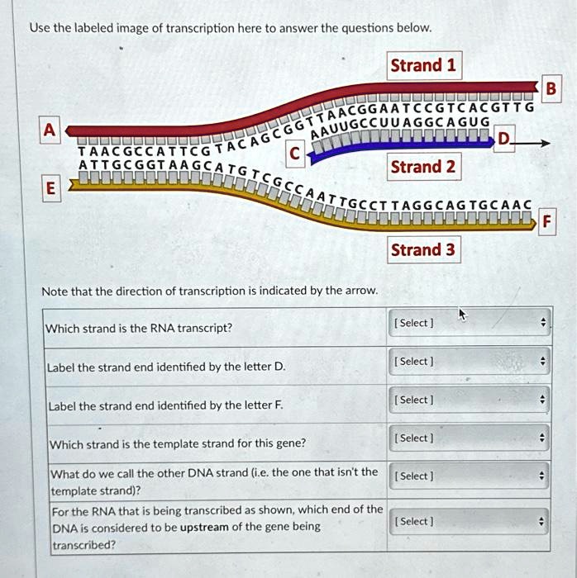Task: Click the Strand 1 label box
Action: point(422,66)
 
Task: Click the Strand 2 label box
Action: point(422,167)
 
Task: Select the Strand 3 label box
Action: point(422,249)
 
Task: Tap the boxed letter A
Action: point(50,129)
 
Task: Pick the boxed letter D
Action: point(504,141)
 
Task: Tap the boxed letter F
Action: point(546,220)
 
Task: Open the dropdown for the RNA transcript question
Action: point(469,323)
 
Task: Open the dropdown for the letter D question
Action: point(469,361)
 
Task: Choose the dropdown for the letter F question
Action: point(469,400)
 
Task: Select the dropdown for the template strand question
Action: point(469,438)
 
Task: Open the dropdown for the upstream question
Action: point(469,521)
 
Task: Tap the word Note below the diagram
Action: point(54,290)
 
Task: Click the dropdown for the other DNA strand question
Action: point(469,476)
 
